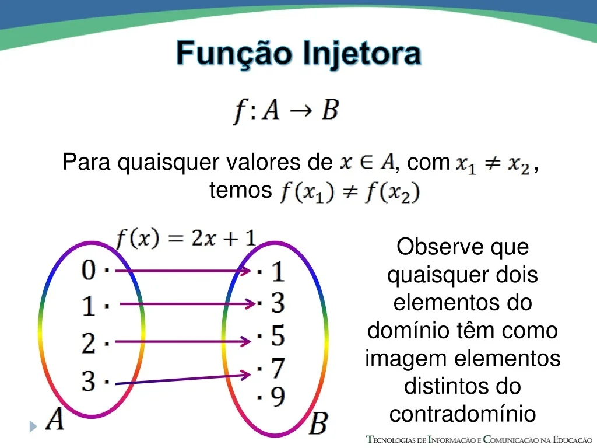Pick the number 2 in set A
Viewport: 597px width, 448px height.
pyautogui.click(x=89, y=343)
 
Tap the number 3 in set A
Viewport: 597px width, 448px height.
pyautogui.click(x=89, y=380)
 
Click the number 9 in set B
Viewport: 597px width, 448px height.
pyautogui.click(x=278, y=396)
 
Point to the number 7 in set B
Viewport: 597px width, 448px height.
pyautogui.click(x=278, y=368)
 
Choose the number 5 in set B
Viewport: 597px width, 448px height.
pyautogui.click(x=278, y=335)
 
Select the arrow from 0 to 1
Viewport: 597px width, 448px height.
pyautogui.click(x=182, y=271)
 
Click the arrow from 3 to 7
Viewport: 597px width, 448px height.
pyautogui.click(x=182, y=379)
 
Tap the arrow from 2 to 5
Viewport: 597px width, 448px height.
pyautogui.click(x=182, y=341)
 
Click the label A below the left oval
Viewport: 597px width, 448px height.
pyautogui.click(x=55, y=419)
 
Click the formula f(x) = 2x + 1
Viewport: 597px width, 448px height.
pyautogui.click(x=186, y=239)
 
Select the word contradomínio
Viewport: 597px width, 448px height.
pyautogui.click(x=462, y=414)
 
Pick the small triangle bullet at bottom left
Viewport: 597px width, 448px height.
pyautogui.click(x=33, y=426)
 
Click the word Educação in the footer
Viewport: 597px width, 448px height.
pyautogui.click(x=572, y=440)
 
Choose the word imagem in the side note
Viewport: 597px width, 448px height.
pyautogui.click(x=406, y=359)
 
